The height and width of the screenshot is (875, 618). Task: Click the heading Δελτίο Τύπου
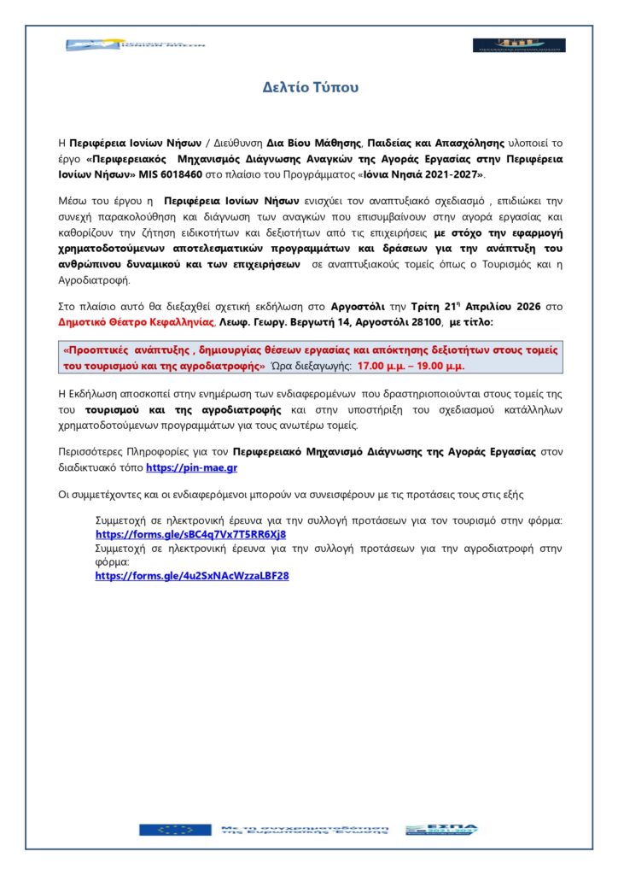coord(310,87)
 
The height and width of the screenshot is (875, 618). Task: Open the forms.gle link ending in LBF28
coord(192,576)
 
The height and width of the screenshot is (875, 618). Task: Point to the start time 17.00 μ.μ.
coord(381,365)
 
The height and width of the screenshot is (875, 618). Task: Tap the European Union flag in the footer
coord(175,829)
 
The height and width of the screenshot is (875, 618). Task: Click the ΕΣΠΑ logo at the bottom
coord(441,829)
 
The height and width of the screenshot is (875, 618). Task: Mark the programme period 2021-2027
coord(453,174)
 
